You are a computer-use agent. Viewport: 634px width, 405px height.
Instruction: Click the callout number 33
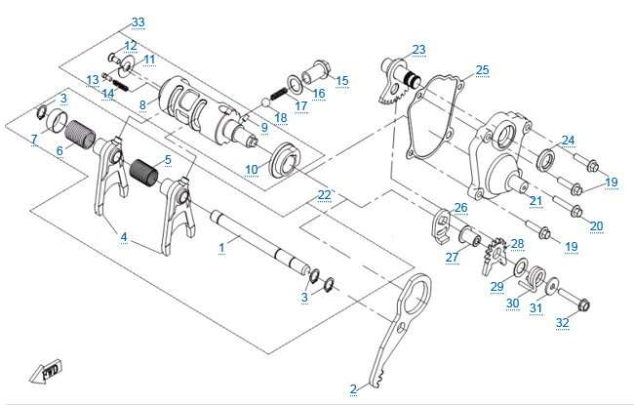point(137,21)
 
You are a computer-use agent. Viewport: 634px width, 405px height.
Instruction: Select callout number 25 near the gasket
point(482,70)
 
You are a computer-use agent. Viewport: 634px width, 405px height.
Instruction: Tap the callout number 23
point(418,50)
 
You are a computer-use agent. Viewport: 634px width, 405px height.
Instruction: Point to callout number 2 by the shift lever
point(353,389)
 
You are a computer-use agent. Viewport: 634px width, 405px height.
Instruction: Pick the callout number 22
point(324,195)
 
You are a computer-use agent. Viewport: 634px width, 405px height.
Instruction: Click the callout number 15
point(341,80)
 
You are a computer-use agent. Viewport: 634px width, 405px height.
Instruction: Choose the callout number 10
point(252,170)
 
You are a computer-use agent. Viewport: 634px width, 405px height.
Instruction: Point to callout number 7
point(34,140)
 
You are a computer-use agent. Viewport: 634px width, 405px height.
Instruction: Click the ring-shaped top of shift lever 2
point(418,290)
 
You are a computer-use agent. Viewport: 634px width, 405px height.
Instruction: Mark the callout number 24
point(568,141)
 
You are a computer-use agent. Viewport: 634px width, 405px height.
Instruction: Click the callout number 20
point(596,226)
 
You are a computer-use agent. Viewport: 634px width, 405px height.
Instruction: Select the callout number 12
point(130,46)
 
